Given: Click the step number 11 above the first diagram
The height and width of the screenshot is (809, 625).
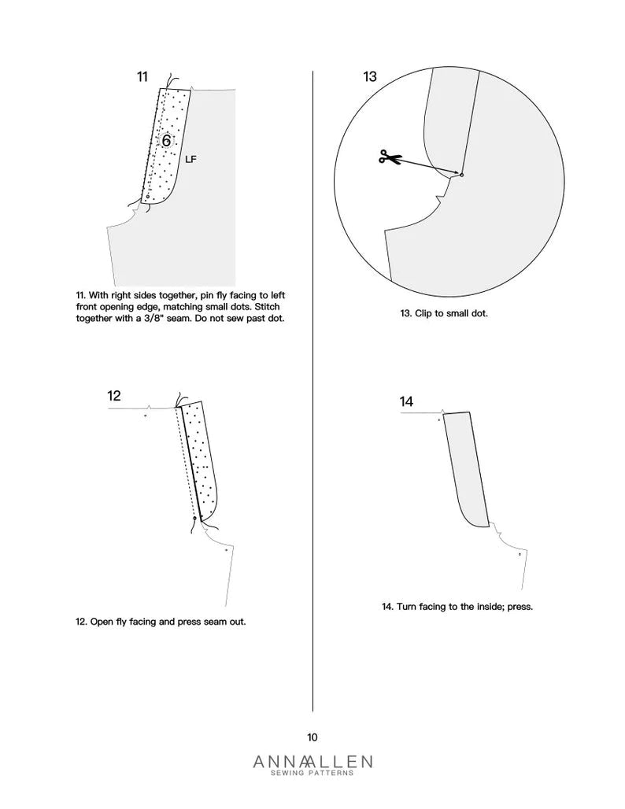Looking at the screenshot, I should coord(142,76).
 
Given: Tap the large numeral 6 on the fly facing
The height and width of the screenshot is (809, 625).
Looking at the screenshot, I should coord(166,141).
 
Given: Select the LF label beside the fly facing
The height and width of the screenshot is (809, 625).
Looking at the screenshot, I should coord(190,159).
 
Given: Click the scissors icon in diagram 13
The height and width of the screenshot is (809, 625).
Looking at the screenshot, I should coord(388,157).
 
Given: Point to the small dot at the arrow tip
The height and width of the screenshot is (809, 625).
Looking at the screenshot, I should coord(461,175).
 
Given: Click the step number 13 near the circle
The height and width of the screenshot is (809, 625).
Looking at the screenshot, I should coord(370,76).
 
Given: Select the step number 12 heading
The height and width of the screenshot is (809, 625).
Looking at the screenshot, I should coord(114,395).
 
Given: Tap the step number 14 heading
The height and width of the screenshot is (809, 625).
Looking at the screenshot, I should coord(406,401).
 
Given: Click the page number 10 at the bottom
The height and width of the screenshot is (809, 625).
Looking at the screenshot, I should coord(312,737).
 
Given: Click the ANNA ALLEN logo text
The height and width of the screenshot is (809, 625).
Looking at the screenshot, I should coord(312,761).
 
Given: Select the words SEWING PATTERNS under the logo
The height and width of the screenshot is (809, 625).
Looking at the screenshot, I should coord(312,774).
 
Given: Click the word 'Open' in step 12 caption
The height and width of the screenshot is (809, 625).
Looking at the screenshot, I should coord(104,621).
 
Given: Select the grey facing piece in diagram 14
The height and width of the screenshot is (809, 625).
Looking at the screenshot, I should coord(466,468).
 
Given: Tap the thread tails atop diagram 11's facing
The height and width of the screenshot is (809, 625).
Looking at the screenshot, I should coord(174,83).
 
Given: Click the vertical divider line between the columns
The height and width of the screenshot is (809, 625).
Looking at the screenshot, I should coord(313,393).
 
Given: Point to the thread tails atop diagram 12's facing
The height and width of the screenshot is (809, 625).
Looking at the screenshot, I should coord(179,401).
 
